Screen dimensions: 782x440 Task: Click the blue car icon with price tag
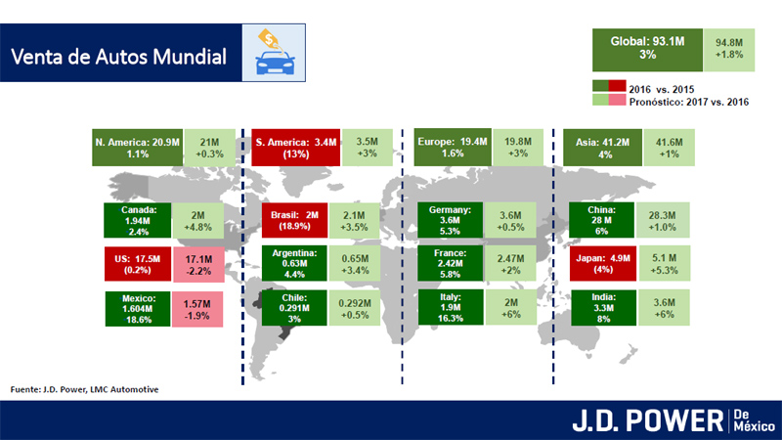pyautogui.click(x=275, y=53)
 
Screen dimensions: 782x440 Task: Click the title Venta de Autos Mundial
pyautogui.click(x=118, y=57)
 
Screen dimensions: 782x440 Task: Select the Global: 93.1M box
pyautogui.click(x=647, y=50)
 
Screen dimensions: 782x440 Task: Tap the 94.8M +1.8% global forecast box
pyautogui.click(x=729, y=50)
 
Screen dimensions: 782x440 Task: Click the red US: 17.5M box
pyautogui.click(x=138, y=264)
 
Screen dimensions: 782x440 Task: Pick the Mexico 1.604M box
pyautogui.click(x=138, y=309)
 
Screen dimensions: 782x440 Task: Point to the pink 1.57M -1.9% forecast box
pyautogui.click(x=197, y=309)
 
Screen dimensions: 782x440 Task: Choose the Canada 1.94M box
pyautogui.click(x=138, y=220)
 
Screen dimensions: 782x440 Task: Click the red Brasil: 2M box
pyautogui.click(x=295, y=220)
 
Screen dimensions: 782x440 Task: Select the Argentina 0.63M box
pyautogui.click(x=294, y=263)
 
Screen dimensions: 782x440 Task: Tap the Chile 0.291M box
pyautogui.click(x=294, y=308)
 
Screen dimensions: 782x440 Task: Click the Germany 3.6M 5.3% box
pyautogui.click(x=451, y=220)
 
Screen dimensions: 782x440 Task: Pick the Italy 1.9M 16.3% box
pyautogui.click(x=451, y=307)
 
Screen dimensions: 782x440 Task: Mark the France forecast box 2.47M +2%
pyautogui.click(x=510, y=263)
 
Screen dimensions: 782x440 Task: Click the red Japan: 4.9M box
pyautogui.click(x=603, y=263)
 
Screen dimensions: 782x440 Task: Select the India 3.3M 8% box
pyautogui.click(x=603, y=308)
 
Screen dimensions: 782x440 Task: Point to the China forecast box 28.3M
pyautogui.click(x=663, y=220)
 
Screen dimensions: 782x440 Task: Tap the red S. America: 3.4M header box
pyautogui.click(x=296, y=148)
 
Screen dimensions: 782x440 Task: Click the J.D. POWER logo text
pyautogui.click(x=648, y=420)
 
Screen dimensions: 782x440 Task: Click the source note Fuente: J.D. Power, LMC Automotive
pyautogui.click(x=84, y=389)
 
